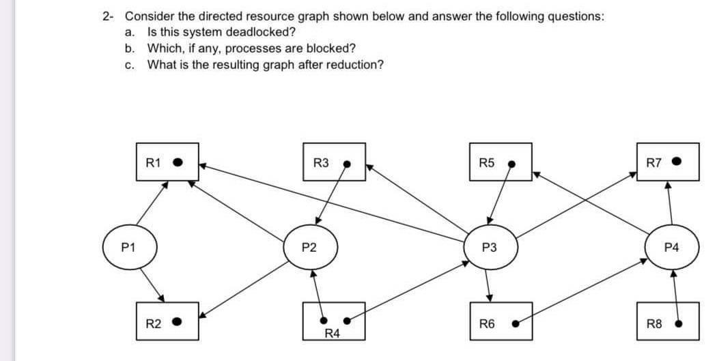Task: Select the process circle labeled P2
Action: click(311, 247)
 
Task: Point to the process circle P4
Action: click(670, 247)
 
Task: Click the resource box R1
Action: click(167, 162)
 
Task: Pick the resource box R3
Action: click(335, 162)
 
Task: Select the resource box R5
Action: click(500, 162)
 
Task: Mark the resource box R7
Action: click(668, 162)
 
